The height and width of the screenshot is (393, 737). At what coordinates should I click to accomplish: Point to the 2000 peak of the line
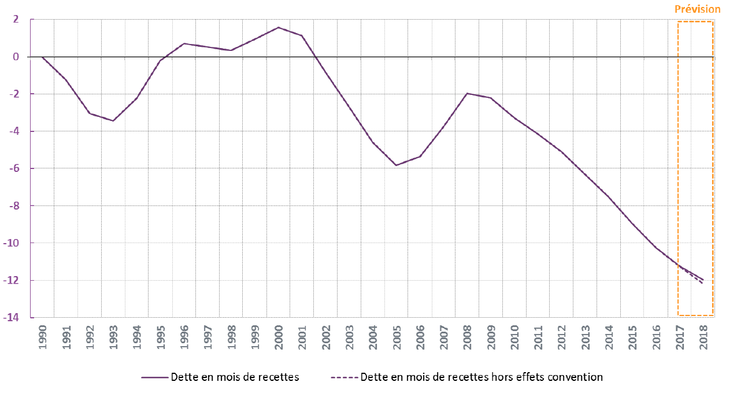coord(278,27)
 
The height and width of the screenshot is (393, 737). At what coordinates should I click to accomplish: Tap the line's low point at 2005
coord(396,166)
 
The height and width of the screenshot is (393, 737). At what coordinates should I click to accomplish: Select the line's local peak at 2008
coord(467,93)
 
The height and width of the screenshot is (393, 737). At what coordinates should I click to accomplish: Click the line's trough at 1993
coord(113,121)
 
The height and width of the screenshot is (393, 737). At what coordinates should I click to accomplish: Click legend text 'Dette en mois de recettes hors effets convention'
coord(481,377)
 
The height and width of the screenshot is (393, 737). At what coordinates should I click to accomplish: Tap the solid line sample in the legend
coord(154,377)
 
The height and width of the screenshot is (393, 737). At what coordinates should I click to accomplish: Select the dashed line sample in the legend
coord(343,377)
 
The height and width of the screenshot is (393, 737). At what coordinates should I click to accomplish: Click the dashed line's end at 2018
coord(703,284)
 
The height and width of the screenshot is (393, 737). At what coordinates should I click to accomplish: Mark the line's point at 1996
coord(184,43)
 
